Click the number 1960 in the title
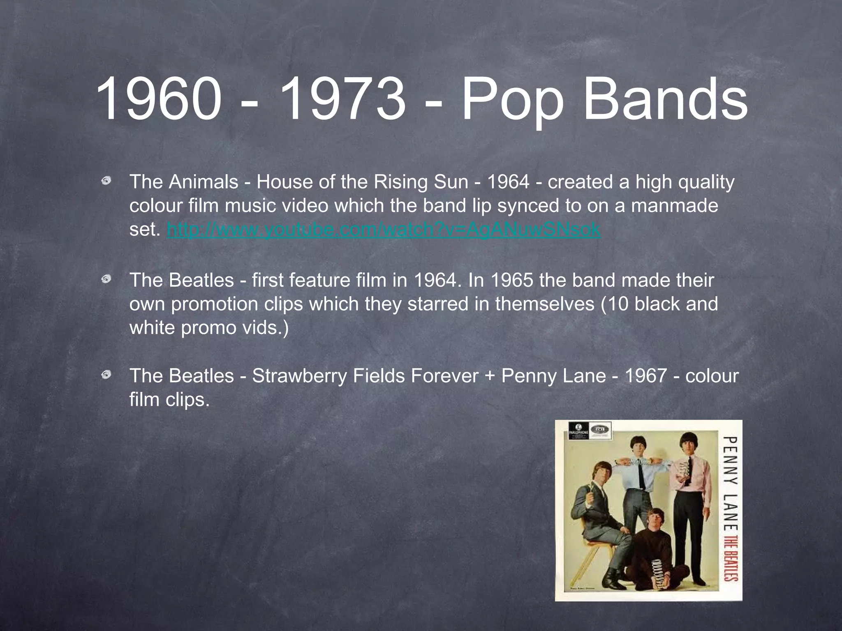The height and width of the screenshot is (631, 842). point(158,100)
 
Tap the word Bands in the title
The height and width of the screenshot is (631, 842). point(665,100)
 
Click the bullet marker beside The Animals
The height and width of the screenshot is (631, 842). point(106,181)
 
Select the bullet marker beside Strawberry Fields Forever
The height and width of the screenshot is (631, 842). point(106,374)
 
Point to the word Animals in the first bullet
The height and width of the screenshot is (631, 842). point(203,182)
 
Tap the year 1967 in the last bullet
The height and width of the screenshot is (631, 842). point(645,376)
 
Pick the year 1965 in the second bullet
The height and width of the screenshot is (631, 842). point(511,281)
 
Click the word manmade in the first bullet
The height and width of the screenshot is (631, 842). point(674,206)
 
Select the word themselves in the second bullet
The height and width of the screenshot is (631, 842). point(544,304)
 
